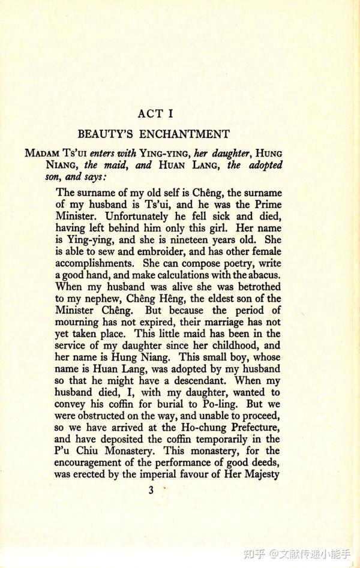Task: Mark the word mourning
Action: coord(79,322)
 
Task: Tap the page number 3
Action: coord(151,490)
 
